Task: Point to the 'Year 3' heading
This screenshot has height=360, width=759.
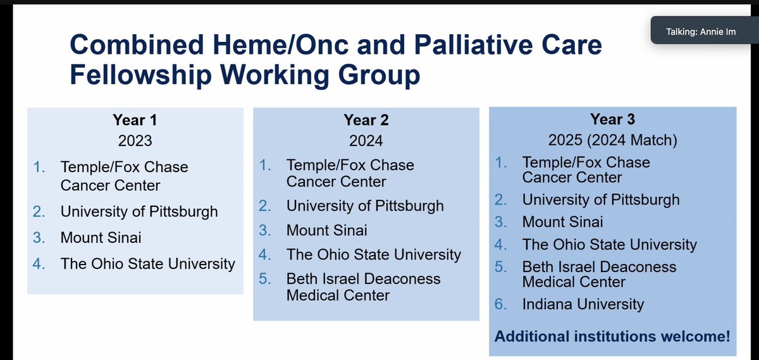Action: [x=612, y=118]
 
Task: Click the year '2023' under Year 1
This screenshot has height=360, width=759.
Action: [x=134, y=140]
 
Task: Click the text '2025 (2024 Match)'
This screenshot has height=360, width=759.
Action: [x=612, y=140]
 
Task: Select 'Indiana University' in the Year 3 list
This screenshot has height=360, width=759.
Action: [x=583, y=304]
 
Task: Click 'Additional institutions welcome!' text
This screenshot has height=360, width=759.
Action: [x=612, y=337]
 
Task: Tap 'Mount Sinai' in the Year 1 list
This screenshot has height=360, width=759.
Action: [x=101, y=238]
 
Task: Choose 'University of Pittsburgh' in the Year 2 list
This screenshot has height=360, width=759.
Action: [x=365, y=206]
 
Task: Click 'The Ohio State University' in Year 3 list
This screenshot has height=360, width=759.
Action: [x=609, y=244]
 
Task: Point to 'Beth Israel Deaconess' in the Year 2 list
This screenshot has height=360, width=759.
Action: [x=363, y=279]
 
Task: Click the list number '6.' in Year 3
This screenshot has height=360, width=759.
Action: [x=501, y=304]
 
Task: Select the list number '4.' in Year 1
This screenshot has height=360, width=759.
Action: [x=39, y=264]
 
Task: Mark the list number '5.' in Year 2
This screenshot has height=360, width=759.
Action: [x=266, y=279]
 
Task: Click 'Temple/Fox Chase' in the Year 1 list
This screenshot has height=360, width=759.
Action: [x=124, y=168]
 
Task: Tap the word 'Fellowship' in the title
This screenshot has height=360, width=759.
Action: [x=147, y=75]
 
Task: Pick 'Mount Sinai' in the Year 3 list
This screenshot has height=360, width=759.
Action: [x=562, y=222]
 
